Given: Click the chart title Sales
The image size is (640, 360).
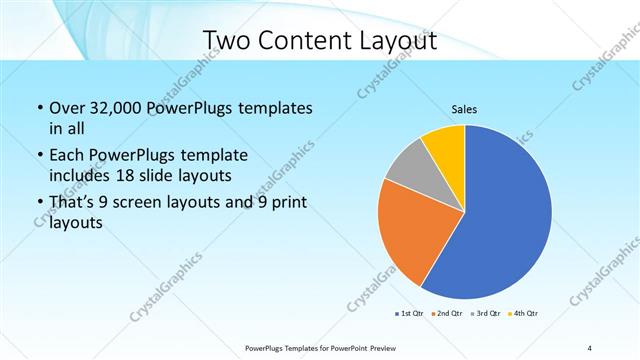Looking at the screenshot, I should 465,108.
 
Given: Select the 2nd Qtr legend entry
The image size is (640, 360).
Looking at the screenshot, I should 446,313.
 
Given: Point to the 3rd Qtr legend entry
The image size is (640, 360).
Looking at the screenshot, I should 485,313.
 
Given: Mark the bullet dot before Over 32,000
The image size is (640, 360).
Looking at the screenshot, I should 38,108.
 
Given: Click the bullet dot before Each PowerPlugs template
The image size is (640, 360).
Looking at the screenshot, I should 38,156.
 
